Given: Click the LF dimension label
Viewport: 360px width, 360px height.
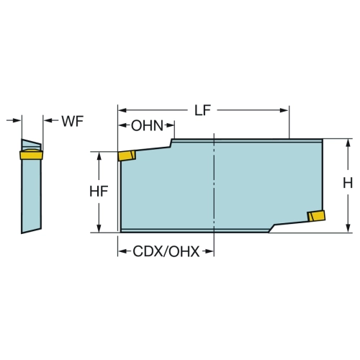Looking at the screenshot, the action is coord(202,110).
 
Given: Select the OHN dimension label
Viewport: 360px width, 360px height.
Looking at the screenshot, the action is coord(147,125).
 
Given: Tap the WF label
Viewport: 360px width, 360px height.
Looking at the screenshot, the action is coord(73,121).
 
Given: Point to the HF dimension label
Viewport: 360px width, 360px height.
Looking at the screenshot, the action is coord(99,192).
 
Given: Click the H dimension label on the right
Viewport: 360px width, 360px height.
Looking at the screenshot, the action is coord(348,184).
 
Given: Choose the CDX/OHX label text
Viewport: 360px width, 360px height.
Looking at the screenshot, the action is coord(166,251).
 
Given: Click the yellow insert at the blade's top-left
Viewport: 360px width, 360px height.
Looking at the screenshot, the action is coord(127,156).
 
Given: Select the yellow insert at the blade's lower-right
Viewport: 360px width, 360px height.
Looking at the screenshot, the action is coord(317,215).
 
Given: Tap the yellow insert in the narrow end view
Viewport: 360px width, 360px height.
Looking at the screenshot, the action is coord(31,154).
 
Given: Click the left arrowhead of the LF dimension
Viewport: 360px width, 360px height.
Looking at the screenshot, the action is coord(122,110).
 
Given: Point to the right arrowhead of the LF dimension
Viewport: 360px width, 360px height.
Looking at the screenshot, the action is coord(284,110).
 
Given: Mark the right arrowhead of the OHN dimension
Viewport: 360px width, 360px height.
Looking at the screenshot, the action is coord(170,125).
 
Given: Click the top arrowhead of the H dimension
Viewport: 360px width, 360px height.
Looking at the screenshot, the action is coord(348,143).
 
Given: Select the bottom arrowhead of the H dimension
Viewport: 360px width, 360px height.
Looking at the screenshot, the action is coord(348,228).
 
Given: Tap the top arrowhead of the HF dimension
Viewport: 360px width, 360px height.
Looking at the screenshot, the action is coord(99,156).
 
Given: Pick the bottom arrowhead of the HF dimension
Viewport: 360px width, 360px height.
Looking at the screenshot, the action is coord(99,228).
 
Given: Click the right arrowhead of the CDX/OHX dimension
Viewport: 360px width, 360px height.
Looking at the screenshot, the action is coord(210,251).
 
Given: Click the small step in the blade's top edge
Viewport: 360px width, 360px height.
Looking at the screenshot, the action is coord(171,143).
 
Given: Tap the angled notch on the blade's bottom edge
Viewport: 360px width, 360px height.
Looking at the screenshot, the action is coord(272,228).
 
